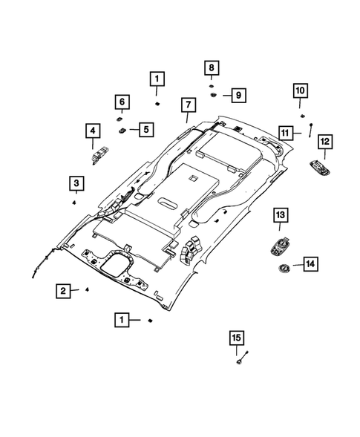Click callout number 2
[x=65, y=291]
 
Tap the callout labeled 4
[x=93, y=132]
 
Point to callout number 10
[x=301, y=91]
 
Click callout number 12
[x=324, y=141]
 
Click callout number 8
[x=211, y=69]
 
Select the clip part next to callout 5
[x=121, y=129]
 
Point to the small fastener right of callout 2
[x=87, y=290]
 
